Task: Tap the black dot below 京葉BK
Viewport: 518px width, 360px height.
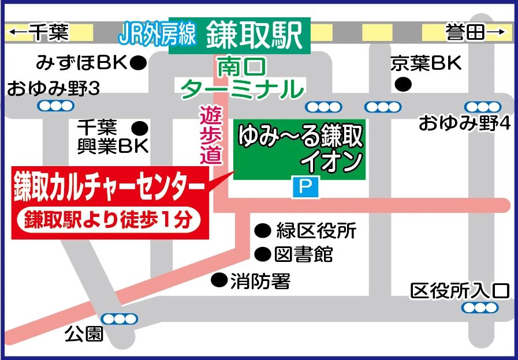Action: tap(403, 85)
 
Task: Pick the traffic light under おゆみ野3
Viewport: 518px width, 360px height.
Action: tap(56, 106)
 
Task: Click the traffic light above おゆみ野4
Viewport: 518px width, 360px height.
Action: tap(483, 107)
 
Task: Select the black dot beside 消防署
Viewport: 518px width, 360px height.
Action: tap(218, 280)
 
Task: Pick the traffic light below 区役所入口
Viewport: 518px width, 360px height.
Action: tap(480, 307)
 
